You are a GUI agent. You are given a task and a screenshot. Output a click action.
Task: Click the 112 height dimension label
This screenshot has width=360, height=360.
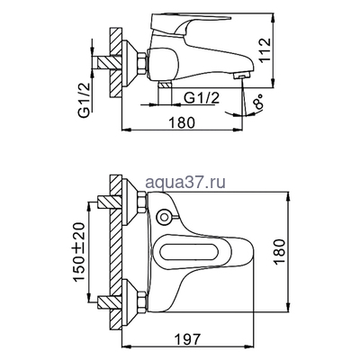(265, 49)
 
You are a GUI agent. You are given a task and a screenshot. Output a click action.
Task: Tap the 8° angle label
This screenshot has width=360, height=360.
(259, 102)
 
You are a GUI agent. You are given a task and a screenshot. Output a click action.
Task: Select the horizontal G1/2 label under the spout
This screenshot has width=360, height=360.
(202, 98)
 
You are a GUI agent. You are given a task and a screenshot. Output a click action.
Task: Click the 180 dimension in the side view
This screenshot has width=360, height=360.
(182, 122)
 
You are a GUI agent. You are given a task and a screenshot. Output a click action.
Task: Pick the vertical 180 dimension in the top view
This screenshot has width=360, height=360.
(279, 251)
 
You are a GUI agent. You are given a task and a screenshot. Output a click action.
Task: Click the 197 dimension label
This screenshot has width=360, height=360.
(187, 339)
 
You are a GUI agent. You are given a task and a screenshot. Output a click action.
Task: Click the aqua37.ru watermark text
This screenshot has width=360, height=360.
(185, 182)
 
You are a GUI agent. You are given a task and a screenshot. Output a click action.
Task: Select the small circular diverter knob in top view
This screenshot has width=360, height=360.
(165, 217)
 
